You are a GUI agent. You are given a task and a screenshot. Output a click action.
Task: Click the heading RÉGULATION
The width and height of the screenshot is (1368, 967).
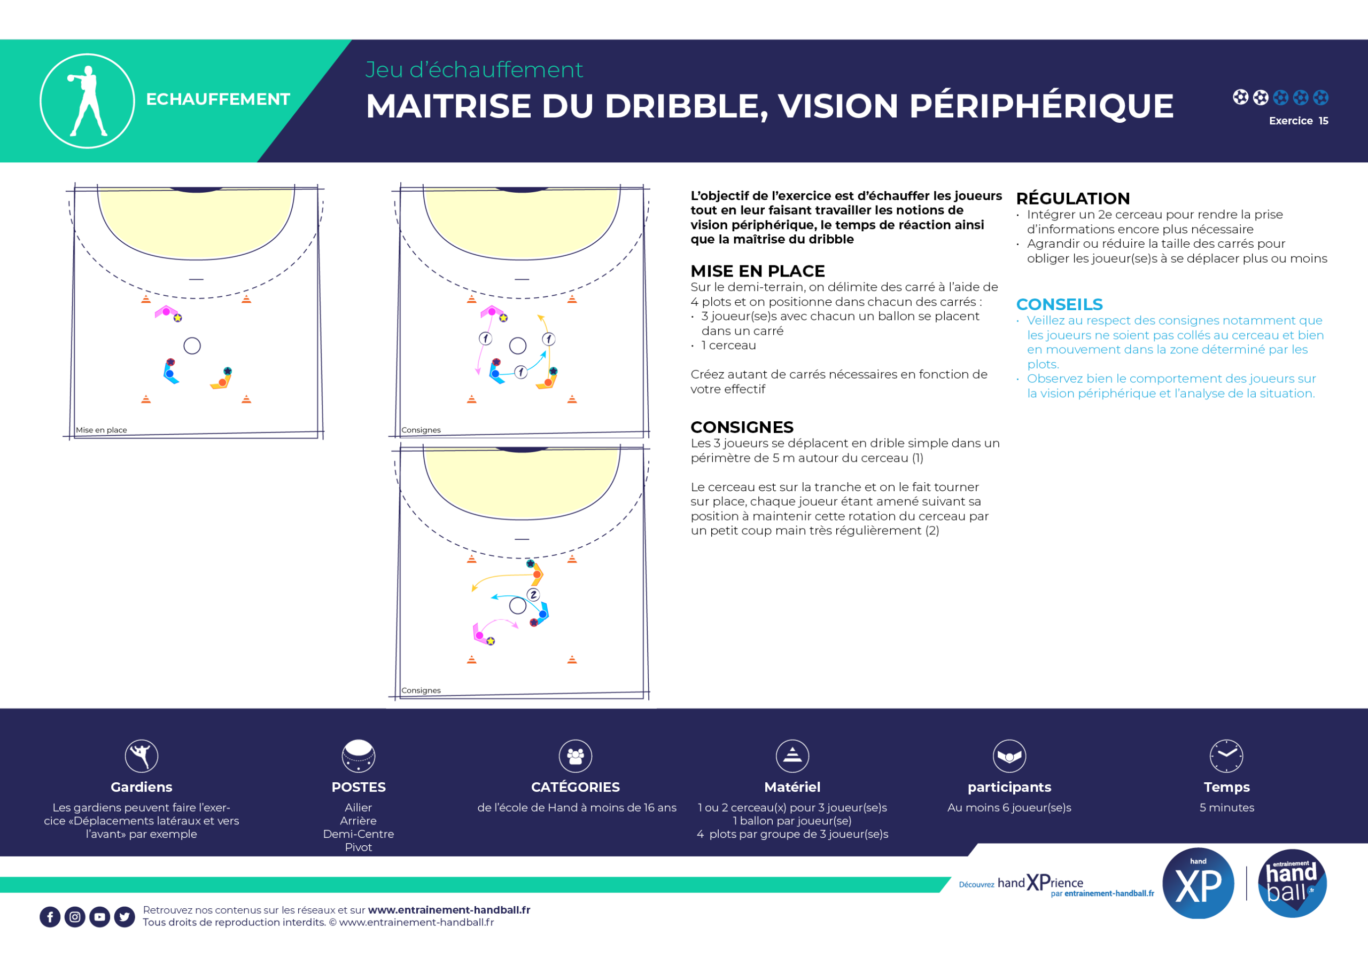click(x=1072, y=198)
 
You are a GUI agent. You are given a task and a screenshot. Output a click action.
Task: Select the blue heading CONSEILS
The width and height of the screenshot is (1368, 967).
click(x=1059, y=304)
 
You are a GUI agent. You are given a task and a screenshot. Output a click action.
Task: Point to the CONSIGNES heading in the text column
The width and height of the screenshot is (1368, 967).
click(x=742, y=427)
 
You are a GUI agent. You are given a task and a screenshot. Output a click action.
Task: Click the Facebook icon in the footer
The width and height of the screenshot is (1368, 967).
click(x=50, y=917)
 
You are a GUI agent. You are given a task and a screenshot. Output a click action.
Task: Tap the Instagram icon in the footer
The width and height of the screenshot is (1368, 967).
click(x=75, y=917)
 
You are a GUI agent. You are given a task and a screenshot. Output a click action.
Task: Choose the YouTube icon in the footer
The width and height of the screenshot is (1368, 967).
click(x=100, y=917)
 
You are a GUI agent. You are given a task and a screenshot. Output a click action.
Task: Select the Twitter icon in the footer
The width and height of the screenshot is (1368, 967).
click(x=125, y=917)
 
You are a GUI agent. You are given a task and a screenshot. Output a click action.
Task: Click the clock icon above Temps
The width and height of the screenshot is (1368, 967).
click(x=1226, y=756)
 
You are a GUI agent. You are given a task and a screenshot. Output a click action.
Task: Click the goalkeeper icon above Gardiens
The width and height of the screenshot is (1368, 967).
click(x=141, y=756)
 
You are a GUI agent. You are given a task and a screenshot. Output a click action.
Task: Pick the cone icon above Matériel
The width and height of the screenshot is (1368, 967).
click(x=792, y=756)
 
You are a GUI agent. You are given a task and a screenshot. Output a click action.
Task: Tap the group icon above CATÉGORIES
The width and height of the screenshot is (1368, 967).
click(x=576, y=756)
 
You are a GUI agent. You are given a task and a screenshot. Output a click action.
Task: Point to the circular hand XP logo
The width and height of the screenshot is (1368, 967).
click(x=1198, y=884)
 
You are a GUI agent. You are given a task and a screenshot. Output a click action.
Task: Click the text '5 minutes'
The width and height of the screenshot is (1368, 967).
click(x=1227, y=807)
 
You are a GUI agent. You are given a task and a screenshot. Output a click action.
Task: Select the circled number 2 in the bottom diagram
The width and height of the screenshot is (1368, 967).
click(x=533, y=595)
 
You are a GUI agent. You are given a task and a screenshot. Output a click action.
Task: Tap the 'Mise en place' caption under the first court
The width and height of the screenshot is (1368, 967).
click(x=102, y=430)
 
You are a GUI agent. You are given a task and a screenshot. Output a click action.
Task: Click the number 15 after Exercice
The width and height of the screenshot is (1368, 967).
click(x=1323, y=121)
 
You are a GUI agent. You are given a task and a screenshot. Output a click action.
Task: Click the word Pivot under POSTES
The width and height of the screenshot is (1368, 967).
click(x=358, y=847)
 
